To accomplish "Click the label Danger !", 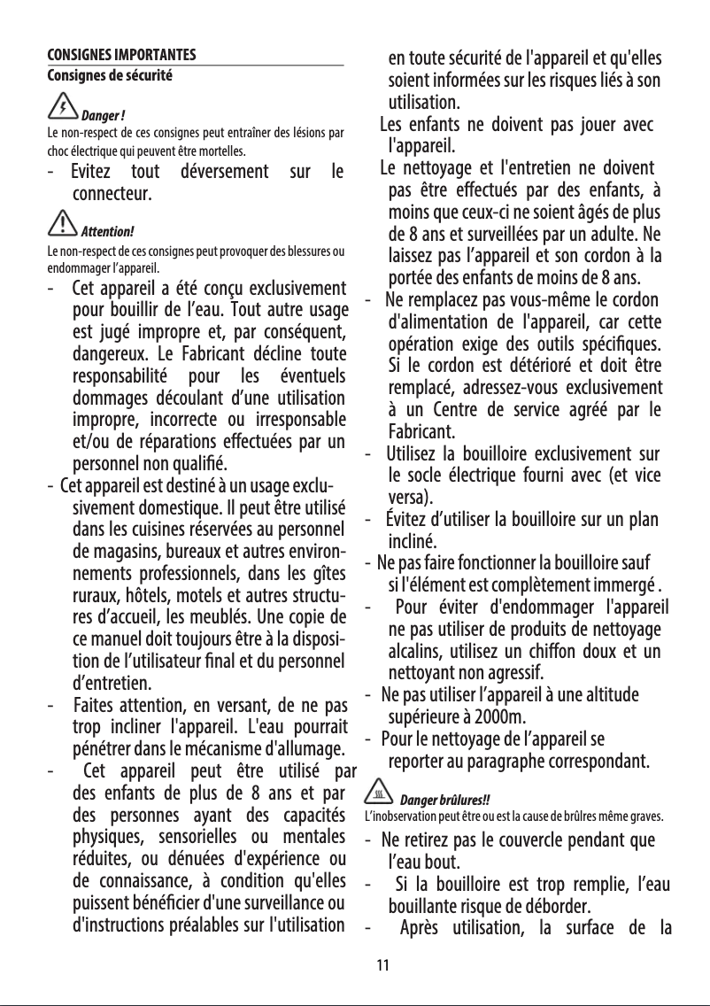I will (103, 118).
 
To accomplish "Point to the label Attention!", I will (107, 234).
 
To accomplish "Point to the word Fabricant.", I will (425, 432).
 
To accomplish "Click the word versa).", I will (411, 496).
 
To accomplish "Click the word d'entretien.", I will (111, 683).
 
